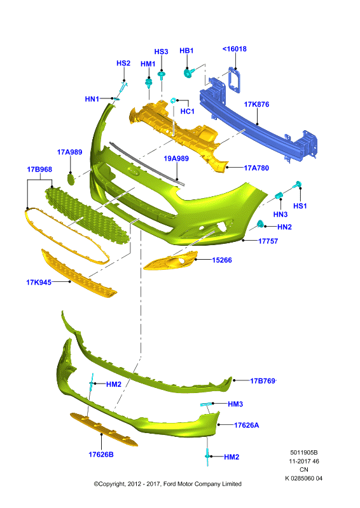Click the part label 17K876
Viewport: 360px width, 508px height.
point(256,104)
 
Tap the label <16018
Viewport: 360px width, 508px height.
point(234,49)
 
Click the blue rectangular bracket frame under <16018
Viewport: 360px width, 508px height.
point(235,79)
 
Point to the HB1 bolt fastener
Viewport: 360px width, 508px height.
point(189,72)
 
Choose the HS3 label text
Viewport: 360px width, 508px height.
point(161,52)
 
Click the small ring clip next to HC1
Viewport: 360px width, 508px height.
point(174,100)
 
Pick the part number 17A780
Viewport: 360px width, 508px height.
point(256,168)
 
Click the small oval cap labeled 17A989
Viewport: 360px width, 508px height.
point(71,179)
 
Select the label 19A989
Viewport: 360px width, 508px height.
point(176,158)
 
